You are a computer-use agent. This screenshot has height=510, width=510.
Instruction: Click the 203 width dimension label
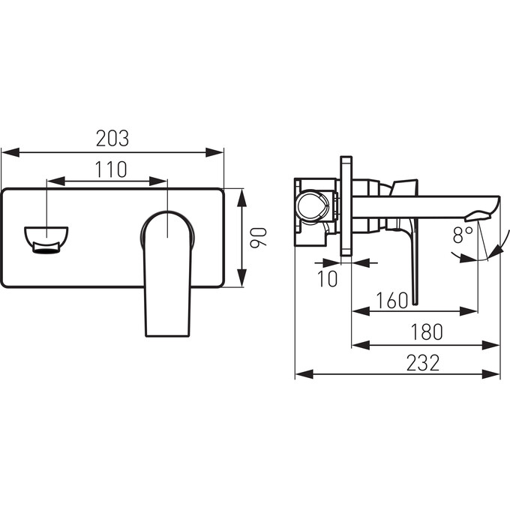click(x=112, y=139)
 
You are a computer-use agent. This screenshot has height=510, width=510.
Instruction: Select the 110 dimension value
click(x=111, y=169)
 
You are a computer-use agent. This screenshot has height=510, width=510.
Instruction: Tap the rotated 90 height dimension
click(x=259, y=237)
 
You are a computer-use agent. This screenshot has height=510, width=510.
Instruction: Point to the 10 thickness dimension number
click(x=327, y=279)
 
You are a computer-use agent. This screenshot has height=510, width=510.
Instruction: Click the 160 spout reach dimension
click(x=392, y=300)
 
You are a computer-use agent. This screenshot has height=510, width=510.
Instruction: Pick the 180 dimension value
click(x=427, y=331)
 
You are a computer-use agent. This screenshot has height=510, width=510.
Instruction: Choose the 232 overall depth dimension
click(x=423, y=363)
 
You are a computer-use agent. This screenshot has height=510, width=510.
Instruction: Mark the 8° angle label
click(x=463, y=235)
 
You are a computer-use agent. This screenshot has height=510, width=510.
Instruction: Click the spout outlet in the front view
click(x=46, y=239)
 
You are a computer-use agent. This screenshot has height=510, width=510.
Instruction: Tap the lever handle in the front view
click(x=167, y=274)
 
